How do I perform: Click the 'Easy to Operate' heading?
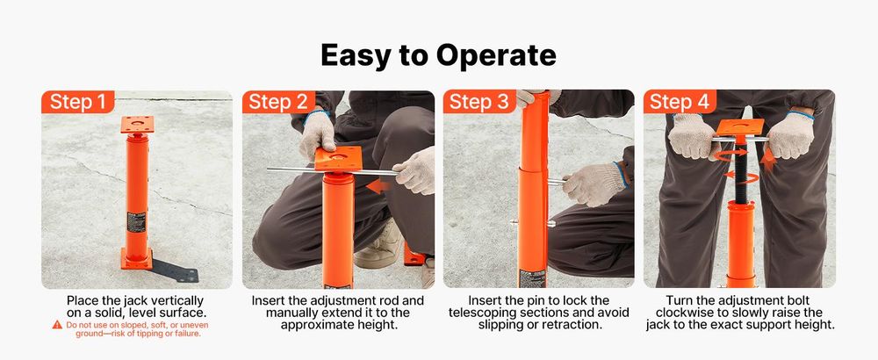tap(438, 54)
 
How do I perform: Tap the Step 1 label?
tap(78, 102)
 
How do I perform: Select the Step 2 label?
tap(278, 102)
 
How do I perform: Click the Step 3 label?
tap(479, 102)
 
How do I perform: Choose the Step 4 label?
tap(680, 102)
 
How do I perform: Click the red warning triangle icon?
tap(57, 325)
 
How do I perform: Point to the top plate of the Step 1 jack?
tap(137, 125)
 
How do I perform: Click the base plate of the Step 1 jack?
tap(137, 259)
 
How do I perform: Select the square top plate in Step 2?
tap(338, 158)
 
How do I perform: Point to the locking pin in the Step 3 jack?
tap(532, 223)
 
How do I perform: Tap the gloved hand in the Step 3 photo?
tap(594, 184)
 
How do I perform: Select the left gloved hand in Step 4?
tap(694, 137)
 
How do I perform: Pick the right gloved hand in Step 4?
tap(790, 135)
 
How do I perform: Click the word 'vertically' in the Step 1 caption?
tap(178, 301)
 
